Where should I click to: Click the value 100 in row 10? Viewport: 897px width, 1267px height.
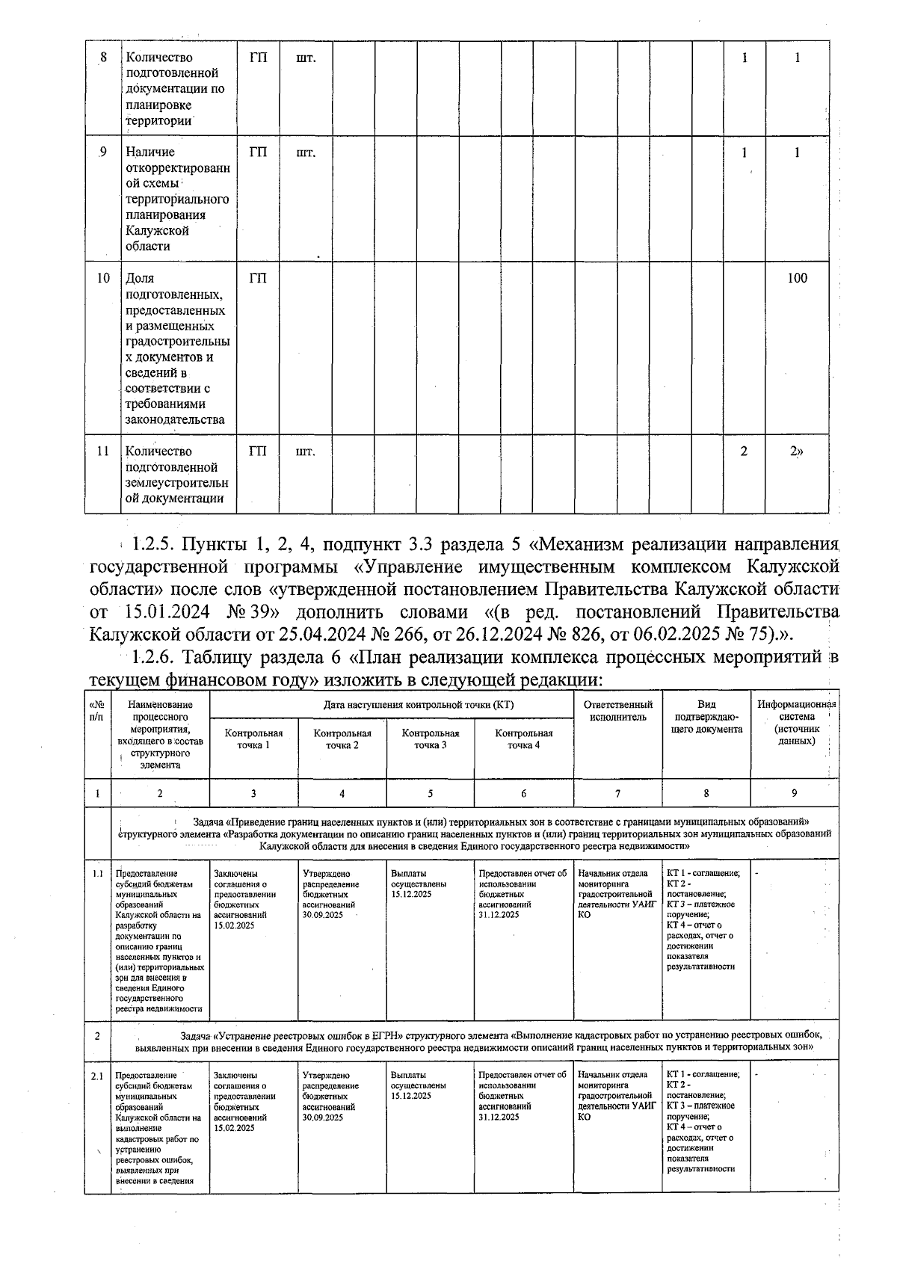(797, 279)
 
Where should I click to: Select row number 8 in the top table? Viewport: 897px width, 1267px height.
(103, 58)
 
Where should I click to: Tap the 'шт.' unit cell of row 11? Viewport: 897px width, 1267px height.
(306, 451)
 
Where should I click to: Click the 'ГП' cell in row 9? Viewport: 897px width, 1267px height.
(258, 152)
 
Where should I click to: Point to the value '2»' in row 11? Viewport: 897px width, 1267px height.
(797, 451)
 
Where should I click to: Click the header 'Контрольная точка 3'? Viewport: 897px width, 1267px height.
(430, 739)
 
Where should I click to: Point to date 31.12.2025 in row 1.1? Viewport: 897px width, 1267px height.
(499, 914)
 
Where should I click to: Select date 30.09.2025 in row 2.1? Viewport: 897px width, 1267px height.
(323, 1117)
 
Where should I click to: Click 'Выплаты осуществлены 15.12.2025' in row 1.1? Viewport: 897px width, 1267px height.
(418, 883)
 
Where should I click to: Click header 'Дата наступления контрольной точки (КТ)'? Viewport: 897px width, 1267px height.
(418, 705)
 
